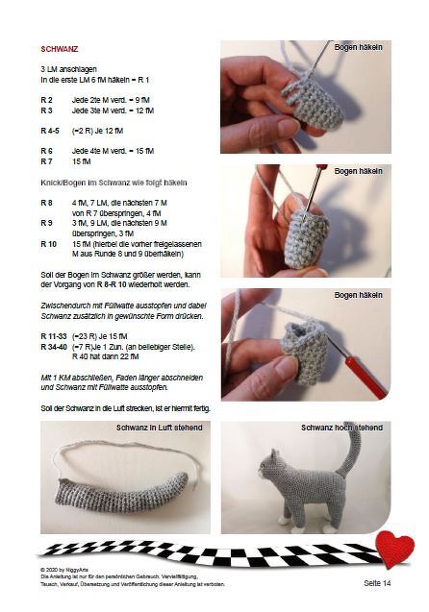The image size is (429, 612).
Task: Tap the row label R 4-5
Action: (50, 130)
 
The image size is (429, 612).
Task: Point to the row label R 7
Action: (46, 161)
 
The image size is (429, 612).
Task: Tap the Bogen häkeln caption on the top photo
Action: (358, 46)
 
